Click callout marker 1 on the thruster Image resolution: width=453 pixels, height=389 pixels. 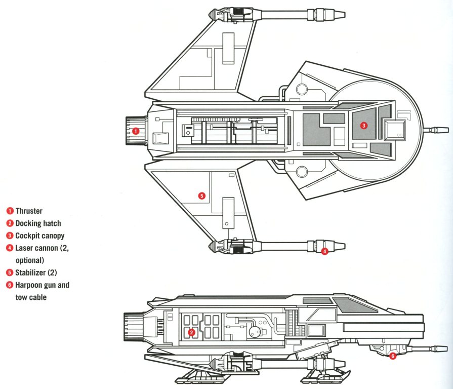135,131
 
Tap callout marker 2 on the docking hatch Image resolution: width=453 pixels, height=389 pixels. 191,332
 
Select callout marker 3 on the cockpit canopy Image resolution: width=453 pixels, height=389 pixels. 363,125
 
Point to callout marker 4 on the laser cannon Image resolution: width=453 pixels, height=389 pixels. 324,251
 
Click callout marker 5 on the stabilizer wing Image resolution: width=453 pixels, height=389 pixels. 201,196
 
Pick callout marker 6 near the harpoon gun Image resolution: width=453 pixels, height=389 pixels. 393,356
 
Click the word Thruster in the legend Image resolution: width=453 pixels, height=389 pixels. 29,211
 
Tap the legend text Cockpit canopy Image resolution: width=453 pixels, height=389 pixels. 40,236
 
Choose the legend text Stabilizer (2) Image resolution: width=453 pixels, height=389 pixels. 35,273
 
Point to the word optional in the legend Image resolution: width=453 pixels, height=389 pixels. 30,260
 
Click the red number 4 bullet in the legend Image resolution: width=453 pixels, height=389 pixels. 10,248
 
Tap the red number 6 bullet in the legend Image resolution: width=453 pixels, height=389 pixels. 10,285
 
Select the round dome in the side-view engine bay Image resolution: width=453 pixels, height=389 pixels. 254,332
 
